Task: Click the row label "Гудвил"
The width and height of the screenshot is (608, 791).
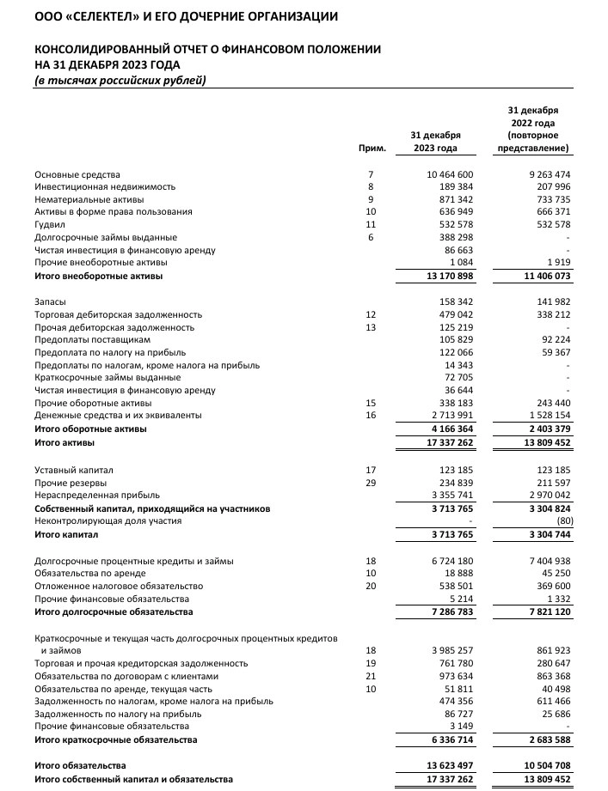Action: pos(51,224)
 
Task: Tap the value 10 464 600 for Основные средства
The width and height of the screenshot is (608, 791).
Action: pos(451,173)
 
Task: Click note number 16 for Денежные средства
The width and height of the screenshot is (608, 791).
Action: pos(371,416)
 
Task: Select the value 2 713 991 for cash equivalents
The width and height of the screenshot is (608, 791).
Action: pos(451,416)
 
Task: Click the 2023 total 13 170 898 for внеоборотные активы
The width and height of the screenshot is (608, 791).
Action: pos(451,277)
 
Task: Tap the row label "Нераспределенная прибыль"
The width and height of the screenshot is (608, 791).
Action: pos(97,496)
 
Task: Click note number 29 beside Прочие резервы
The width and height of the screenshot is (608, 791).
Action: pos(371,483)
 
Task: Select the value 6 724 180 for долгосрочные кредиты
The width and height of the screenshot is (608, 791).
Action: pos(451,561)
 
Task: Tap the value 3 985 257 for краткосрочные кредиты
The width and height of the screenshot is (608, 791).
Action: pos(451,651)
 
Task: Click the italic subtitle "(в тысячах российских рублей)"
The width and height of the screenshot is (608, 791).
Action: pos(120,81)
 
